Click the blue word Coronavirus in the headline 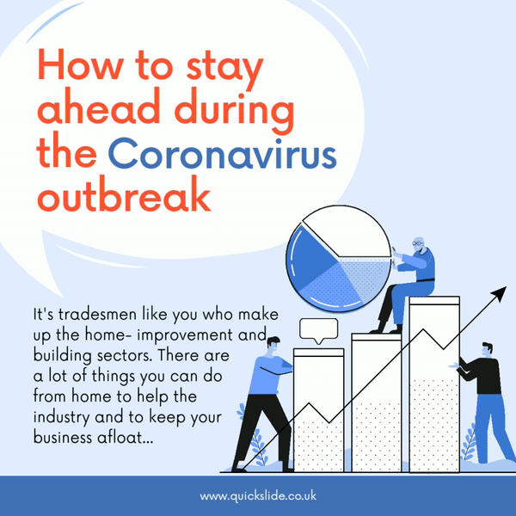(222, 154)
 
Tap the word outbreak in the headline (124, 194)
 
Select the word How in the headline (82, 64)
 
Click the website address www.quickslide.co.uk (258, 496)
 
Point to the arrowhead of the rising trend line (500, 293)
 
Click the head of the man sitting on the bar (419, 243)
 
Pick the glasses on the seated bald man (417, 243)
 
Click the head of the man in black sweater (487, 349)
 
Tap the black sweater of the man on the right (482, 375)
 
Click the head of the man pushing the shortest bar (273, 345)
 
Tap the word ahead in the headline (99, 108)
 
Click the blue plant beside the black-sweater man (470, 443)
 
